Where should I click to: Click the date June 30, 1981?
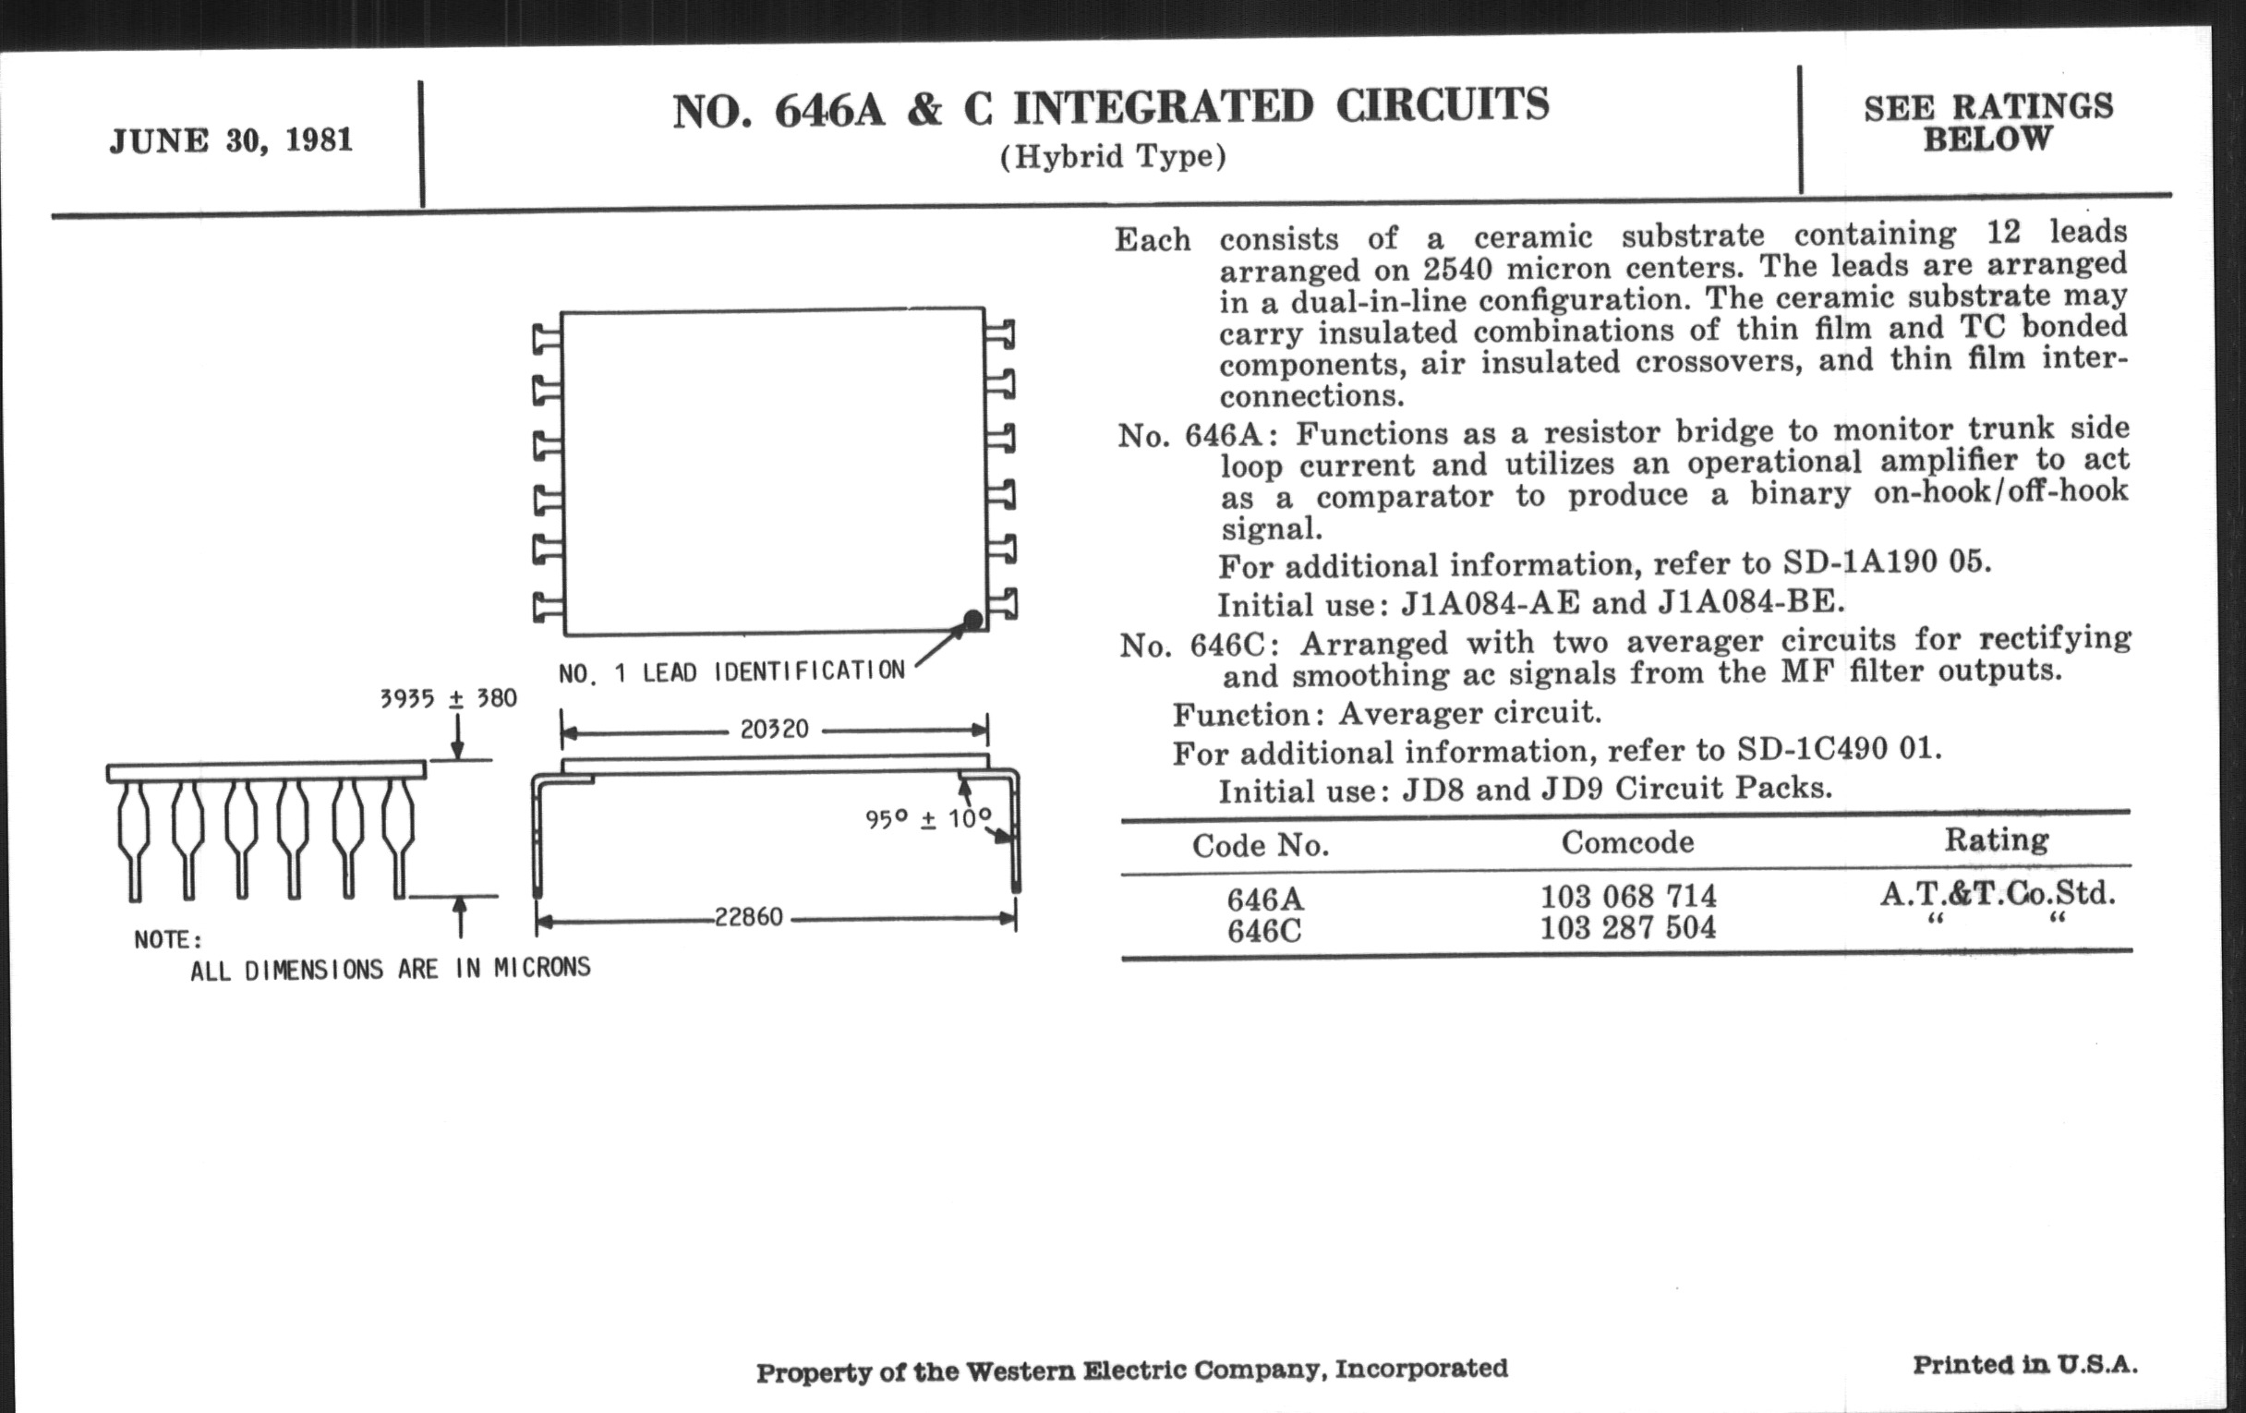[230, 140]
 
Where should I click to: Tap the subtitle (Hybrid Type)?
[1113, 157]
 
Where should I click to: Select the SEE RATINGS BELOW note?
[1987, 123]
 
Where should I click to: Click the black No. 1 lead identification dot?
[972, 620]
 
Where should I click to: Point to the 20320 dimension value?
[774, 730]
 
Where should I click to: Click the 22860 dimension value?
[748, 918]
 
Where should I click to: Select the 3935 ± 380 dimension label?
[448, 698]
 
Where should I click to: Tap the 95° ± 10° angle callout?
[927, 820]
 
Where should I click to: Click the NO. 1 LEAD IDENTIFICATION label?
[731, 671]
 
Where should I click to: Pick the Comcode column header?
[1627, 843]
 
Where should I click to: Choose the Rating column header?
[1996, 840]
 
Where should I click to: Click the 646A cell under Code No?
[1265, 900]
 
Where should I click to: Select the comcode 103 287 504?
[1627, 928]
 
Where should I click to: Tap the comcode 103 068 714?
[1627, 898]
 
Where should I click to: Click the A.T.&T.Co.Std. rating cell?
[1997, 894]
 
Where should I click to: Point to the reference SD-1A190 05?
[1886, 562]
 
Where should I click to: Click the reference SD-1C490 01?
[1839, 750]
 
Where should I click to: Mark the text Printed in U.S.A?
[2025, 1365]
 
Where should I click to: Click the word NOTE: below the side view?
[168, 940]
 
